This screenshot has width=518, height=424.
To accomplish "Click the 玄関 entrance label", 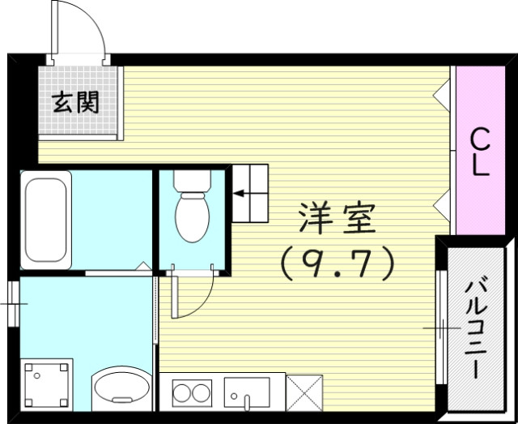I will click(76, 102).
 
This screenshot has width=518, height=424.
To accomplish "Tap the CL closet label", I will click(480, 152).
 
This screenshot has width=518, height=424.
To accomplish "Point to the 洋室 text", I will click(335, 217).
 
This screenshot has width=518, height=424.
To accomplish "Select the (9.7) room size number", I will click(336, 261).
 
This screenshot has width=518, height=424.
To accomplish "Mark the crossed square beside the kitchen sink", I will click(304, 394).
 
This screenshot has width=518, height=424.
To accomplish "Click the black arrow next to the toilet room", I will click(244, 194).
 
